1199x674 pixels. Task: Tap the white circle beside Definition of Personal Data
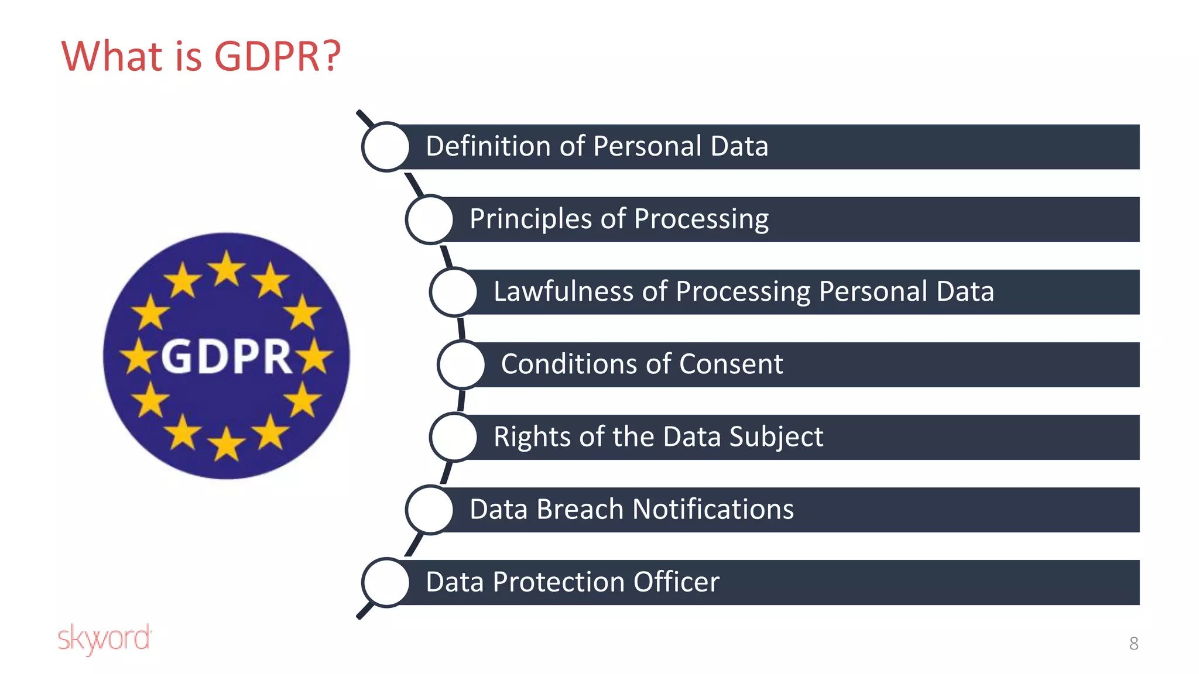386,147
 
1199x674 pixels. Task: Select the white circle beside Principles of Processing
430,219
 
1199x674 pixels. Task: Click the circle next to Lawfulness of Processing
454,292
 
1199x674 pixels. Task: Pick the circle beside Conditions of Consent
461,364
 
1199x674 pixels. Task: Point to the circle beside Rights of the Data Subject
454,437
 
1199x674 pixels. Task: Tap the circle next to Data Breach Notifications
430,510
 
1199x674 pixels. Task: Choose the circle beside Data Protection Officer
386,582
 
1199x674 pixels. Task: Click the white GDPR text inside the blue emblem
227,356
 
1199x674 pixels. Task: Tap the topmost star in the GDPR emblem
227,269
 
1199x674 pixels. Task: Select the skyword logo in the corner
105,638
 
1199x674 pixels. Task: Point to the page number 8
1133,644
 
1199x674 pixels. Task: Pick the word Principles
530,219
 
